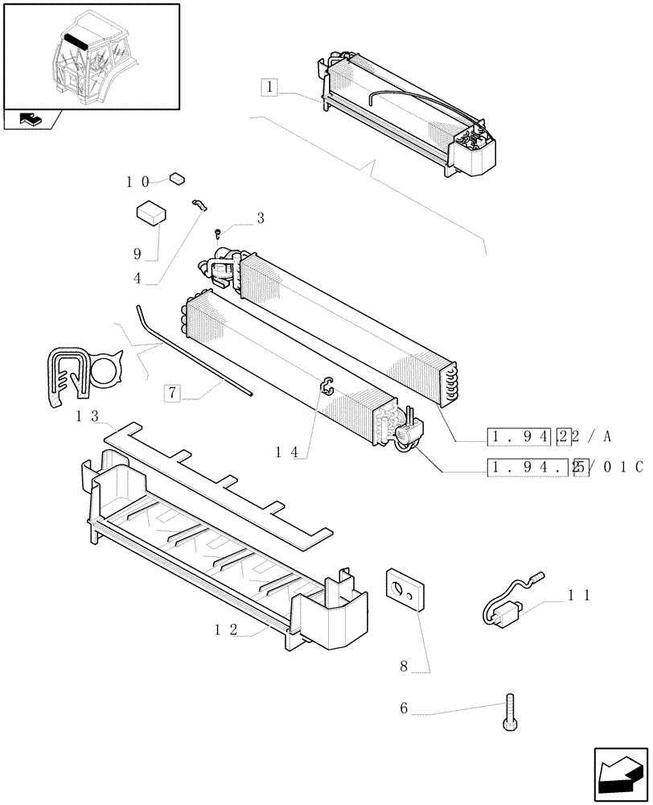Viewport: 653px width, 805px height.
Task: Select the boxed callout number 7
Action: coord(171,393)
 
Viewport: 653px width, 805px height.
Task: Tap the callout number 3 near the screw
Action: coord(261,218)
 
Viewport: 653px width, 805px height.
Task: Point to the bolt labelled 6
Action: coord(509,712)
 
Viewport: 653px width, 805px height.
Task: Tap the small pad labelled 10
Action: coord(178,179)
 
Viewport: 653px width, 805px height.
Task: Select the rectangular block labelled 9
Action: coord(150,213)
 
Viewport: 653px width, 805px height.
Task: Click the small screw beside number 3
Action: coord(219,233)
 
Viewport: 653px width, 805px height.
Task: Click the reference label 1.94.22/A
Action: coord(551,437)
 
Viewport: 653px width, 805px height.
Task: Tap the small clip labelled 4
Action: coord(199,205)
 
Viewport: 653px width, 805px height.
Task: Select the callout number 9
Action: coord(138,254)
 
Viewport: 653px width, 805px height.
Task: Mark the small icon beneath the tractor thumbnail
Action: coord(30,120)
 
